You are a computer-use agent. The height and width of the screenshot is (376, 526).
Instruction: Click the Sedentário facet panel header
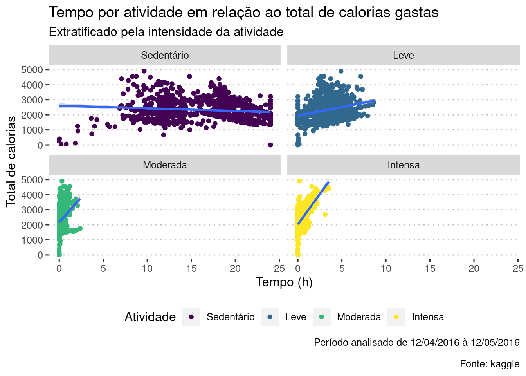click(x=165, y=55)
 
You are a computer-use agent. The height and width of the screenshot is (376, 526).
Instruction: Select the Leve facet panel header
click(x=403, y=55)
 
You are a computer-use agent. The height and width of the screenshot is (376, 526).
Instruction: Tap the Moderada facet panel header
click(x=165, y=165)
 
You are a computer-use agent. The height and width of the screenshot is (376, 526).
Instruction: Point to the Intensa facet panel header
click(x=403, y=165)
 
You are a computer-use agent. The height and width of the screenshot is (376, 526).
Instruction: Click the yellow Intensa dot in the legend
click(x=396, y=317)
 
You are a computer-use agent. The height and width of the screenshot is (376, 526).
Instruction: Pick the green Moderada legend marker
click(x=322, y=317)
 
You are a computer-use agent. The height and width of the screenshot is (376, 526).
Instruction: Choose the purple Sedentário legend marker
click(x=191, y=317)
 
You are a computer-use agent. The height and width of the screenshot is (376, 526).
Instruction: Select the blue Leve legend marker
click(x=270, y=317)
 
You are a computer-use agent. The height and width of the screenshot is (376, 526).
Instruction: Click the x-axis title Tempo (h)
click(x=284, y=282)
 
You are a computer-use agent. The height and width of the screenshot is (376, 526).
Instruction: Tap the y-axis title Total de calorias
click(x=11, y=161)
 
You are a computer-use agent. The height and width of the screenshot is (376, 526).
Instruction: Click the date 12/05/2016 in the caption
click(x=495, y=342)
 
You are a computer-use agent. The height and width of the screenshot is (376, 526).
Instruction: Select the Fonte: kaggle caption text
click(x=490, y=364)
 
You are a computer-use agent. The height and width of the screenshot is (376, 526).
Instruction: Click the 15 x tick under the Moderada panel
click(x=191, y=268)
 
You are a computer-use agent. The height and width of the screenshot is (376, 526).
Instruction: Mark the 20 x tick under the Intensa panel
click(x=474, y=268)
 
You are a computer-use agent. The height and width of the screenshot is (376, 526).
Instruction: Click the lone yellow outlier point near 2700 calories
click(x=325, y=214)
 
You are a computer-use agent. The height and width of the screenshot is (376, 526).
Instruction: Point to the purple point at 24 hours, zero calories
click(x=270, y=145)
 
